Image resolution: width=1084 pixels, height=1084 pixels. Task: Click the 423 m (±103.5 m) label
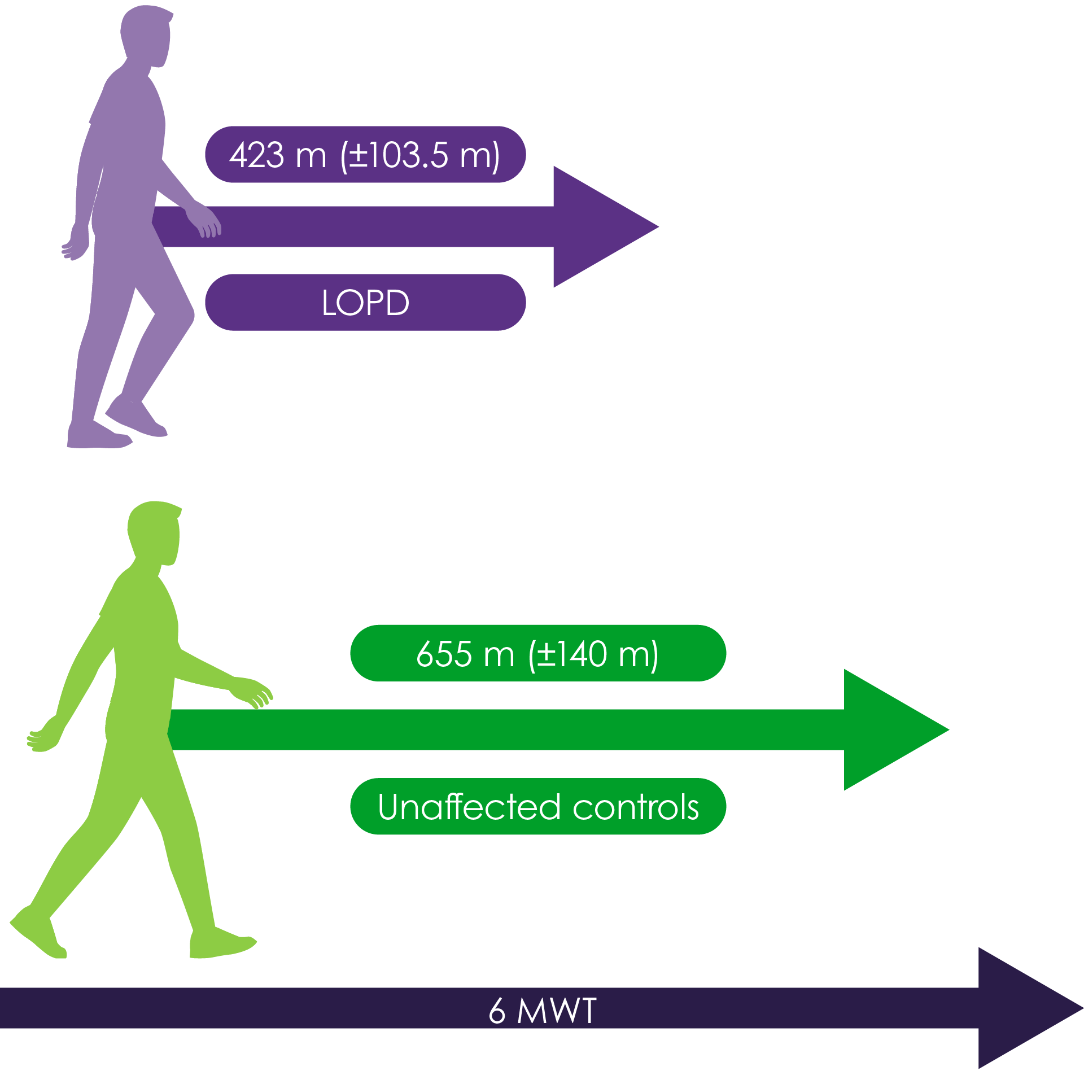coord(365,154)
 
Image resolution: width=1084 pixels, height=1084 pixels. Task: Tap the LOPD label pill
coord(365,302)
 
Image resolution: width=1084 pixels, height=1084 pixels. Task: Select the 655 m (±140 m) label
coord(537,653)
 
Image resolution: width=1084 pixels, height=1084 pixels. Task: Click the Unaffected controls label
coord(537,806)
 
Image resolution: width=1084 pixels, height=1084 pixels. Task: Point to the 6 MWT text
coord(542,1010)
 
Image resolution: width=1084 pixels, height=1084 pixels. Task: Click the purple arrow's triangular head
coord(598,226)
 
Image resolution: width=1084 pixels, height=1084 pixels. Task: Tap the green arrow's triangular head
coord(889,729)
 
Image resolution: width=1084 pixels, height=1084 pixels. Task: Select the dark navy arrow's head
coord(1022,1008)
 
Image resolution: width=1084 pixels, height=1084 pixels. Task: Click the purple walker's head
coord(146,34)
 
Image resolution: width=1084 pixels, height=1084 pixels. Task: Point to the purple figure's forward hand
coord(207,223)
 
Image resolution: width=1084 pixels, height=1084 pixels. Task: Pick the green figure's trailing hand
coord(41,740)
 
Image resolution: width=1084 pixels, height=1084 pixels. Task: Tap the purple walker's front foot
coord(138,421)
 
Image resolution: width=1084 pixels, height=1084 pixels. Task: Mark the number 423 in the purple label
coord(256,155)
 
